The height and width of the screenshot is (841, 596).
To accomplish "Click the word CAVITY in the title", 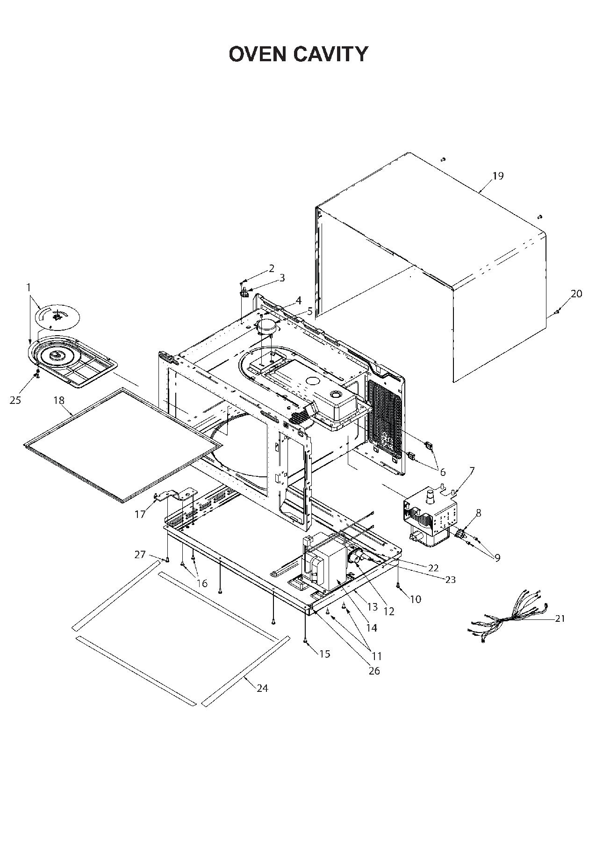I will pos(331,55).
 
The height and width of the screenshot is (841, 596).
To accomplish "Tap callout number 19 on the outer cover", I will pos(498,176).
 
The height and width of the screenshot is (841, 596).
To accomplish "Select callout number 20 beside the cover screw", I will pos(576,294).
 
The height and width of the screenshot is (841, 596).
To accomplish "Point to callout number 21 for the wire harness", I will pos(560,618).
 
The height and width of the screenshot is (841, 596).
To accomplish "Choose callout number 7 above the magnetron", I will pos(472,470).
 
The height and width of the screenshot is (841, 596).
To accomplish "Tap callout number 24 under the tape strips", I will pos(262,688).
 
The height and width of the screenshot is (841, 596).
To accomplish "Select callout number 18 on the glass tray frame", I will pos(59,401).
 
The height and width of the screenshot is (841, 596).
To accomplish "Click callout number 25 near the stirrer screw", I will pos(15,401).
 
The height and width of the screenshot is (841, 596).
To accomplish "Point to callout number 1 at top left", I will pos(28,286).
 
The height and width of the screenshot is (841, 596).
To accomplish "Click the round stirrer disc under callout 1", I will pos(57,316).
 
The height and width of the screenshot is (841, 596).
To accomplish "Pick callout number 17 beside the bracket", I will pos(140,514).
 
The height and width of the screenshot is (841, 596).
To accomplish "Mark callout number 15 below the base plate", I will pos(324,654).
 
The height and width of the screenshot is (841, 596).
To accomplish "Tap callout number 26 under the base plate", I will pos(374,671).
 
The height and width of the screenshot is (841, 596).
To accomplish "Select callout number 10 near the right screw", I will pos(416,599).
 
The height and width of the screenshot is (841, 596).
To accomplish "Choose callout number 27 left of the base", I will pos(140,554).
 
